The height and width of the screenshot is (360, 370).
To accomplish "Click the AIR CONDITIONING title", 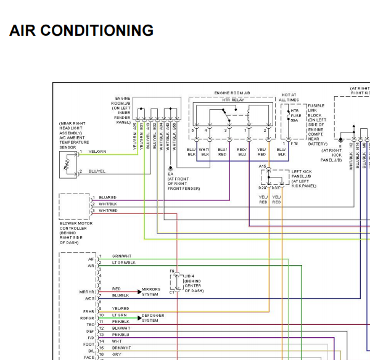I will coord(81,30).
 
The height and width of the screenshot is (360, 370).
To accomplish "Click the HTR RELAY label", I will coord(229,100).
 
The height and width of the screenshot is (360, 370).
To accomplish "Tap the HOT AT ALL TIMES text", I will coord(289,97).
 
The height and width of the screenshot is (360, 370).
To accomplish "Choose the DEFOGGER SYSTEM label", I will coord(154,317).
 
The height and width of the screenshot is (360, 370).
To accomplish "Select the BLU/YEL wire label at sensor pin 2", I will coord(97,171).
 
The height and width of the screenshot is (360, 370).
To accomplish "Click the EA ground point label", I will coord(170,174).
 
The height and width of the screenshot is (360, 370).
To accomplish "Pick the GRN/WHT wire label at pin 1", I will coord(121,256).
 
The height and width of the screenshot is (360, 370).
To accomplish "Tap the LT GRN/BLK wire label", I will coord(123,263).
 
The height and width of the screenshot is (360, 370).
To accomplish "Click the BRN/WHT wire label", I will coord(121,348).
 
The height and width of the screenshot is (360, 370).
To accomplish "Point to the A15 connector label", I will coord(263,166).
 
